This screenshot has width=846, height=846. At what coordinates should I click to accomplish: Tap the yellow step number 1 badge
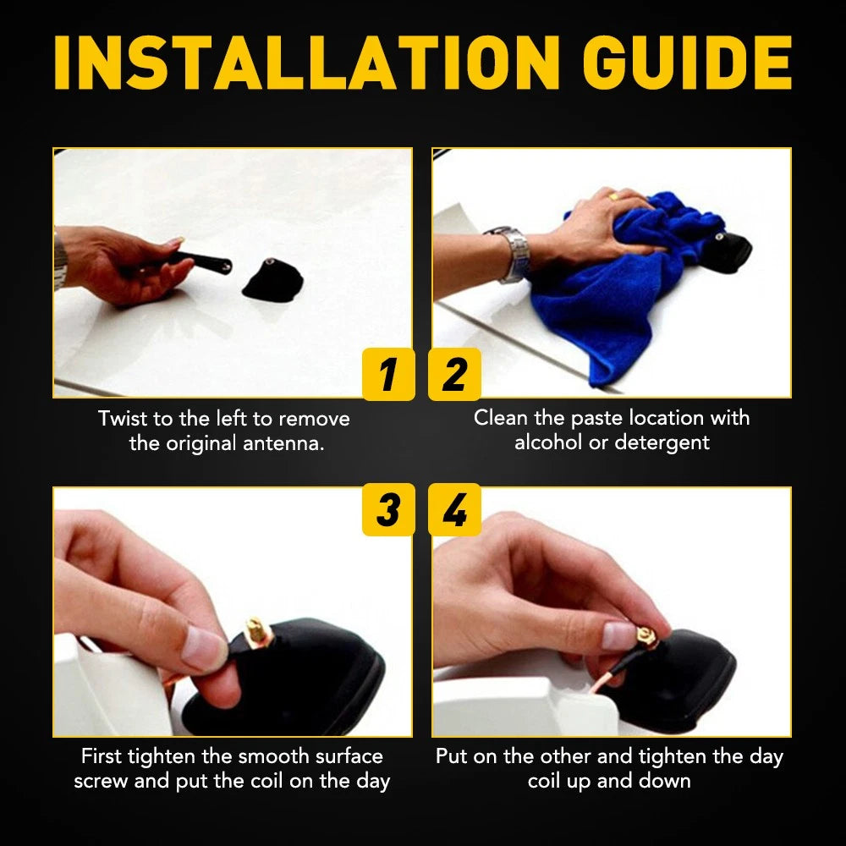point(388,374)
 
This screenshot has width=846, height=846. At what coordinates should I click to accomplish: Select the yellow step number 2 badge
point(454,374)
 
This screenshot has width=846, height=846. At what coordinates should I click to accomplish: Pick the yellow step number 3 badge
point(388,509)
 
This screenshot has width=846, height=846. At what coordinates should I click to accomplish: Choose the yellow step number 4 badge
point(454,509)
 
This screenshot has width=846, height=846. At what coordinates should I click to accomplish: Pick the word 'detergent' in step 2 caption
point(662,442)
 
